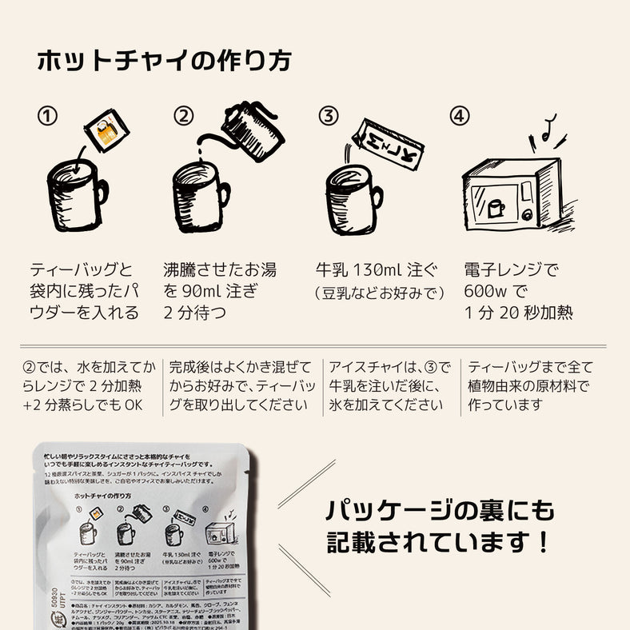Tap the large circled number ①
48,117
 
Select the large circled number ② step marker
185,117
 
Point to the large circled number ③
328,117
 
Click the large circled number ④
458,117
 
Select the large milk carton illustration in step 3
388,144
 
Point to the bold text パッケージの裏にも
439,510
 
